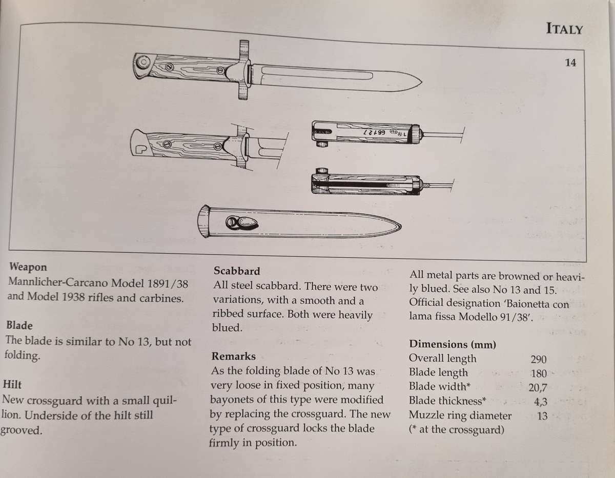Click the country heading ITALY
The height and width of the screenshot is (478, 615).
(564, 29)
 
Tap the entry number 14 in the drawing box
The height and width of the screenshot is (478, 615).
(570, 63)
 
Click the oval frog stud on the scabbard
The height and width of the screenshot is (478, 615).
(239, 223)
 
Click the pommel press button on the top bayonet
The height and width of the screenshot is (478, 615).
(141, 63)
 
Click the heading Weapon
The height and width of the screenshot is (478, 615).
(28, 267)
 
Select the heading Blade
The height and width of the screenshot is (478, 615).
(19, 325)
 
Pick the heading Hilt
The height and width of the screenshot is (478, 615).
(12, 385)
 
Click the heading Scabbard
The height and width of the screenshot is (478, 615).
(236, 271)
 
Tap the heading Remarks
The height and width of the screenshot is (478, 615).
(233, 356)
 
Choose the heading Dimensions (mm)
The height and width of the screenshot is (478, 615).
(452, 344)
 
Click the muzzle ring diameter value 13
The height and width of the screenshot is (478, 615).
(542, 416)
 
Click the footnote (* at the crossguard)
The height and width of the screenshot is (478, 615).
(456, 430)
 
